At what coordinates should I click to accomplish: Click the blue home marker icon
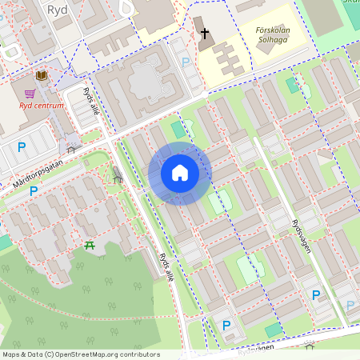[x=180, y=173]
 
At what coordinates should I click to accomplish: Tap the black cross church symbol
[x=205, y=34]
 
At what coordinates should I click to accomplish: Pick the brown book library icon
[x=42, y=74]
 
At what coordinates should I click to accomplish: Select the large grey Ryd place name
[x=57, y=10]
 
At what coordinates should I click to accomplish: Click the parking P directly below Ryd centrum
[x=22, y=146]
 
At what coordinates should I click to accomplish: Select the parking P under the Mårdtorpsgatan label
[x=34, y=191]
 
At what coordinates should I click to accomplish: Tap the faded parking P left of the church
[x=186, y=62]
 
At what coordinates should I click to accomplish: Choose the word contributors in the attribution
[x=142, y=354]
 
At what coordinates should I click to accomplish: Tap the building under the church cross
[x=206, y=45]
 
